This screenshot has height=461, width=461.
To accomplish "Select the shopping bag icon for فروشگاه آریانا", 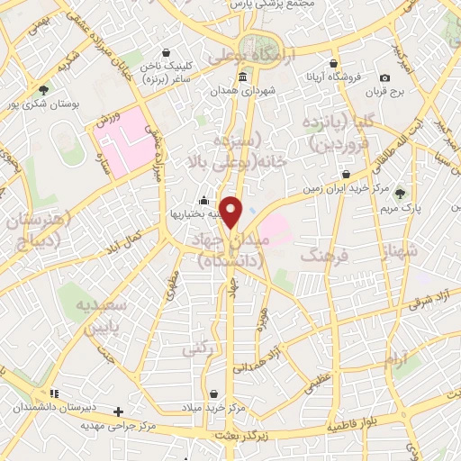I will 334,64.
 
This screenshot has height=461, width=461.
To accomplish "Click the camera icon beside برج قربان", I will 385,78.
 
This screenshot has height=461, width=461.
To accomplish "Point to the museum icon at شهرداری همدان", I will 242,78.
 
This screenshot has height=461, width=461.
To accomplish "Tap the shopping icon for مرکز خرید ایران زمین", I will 347,175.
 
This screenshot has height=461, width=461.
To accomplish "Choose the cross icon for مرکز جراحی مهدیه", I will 118,411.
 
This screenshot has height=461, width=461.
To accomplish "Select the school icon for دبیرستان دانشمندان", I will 54,393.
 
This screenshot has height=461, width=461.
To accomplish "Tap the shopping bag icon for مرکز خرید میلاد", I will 213,393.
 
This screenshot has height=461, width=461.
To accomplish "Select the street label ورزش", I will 104,120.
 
